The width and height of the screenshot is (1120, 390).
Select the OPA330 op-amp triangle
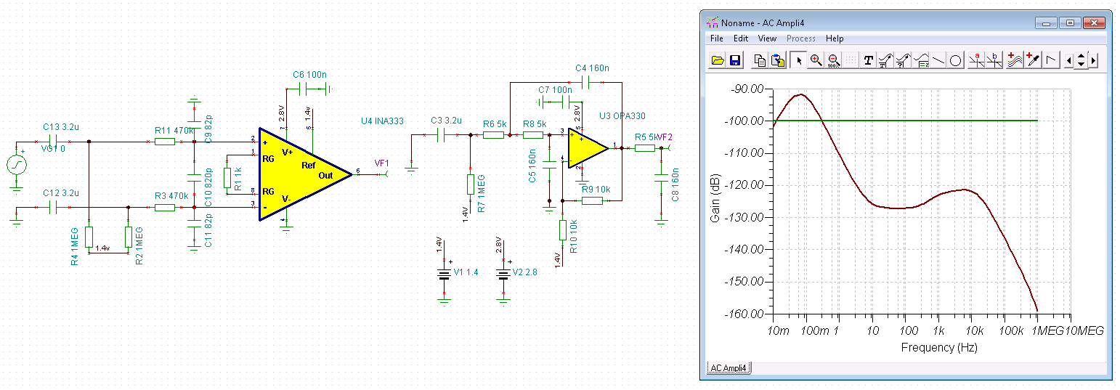tap(586, 148)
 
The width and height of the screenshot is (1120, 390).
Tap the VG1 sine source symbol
tap(17, 166)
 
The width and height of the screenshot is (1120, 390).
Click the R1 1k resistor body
tap(227, 176)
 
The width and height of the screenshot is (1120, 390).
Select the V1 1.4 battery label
tap(466, 272)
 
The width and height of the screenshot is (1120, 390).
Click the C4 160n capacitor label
tap(592, 68)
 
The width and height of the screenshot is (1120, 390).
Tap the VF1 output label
tap(382, 163)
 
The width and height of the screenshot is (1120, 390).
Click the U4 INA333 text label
tap(382, 121)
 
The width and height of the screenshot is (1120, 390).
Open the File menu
tap(716, 38)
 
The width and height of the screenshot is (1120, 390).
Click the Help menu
tap(835, 38)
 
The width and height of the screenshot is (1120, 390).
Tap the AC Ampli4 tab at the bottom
tap(728, 368)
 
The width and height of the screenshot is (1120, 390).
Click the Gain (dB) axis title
tap(715, 201)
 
